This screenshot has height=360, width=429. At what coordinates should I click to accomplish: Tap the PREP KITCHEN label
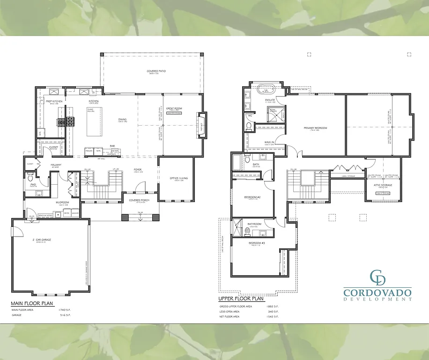(54, 101)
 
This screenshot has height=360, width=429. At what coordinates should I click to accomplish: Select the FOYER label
(137, 170)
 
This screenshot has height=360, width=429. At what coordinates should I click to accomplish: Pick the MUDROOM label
(63, 202)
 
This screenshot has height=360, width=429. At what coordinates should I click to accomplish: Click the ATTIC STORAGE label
(383, 185)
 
